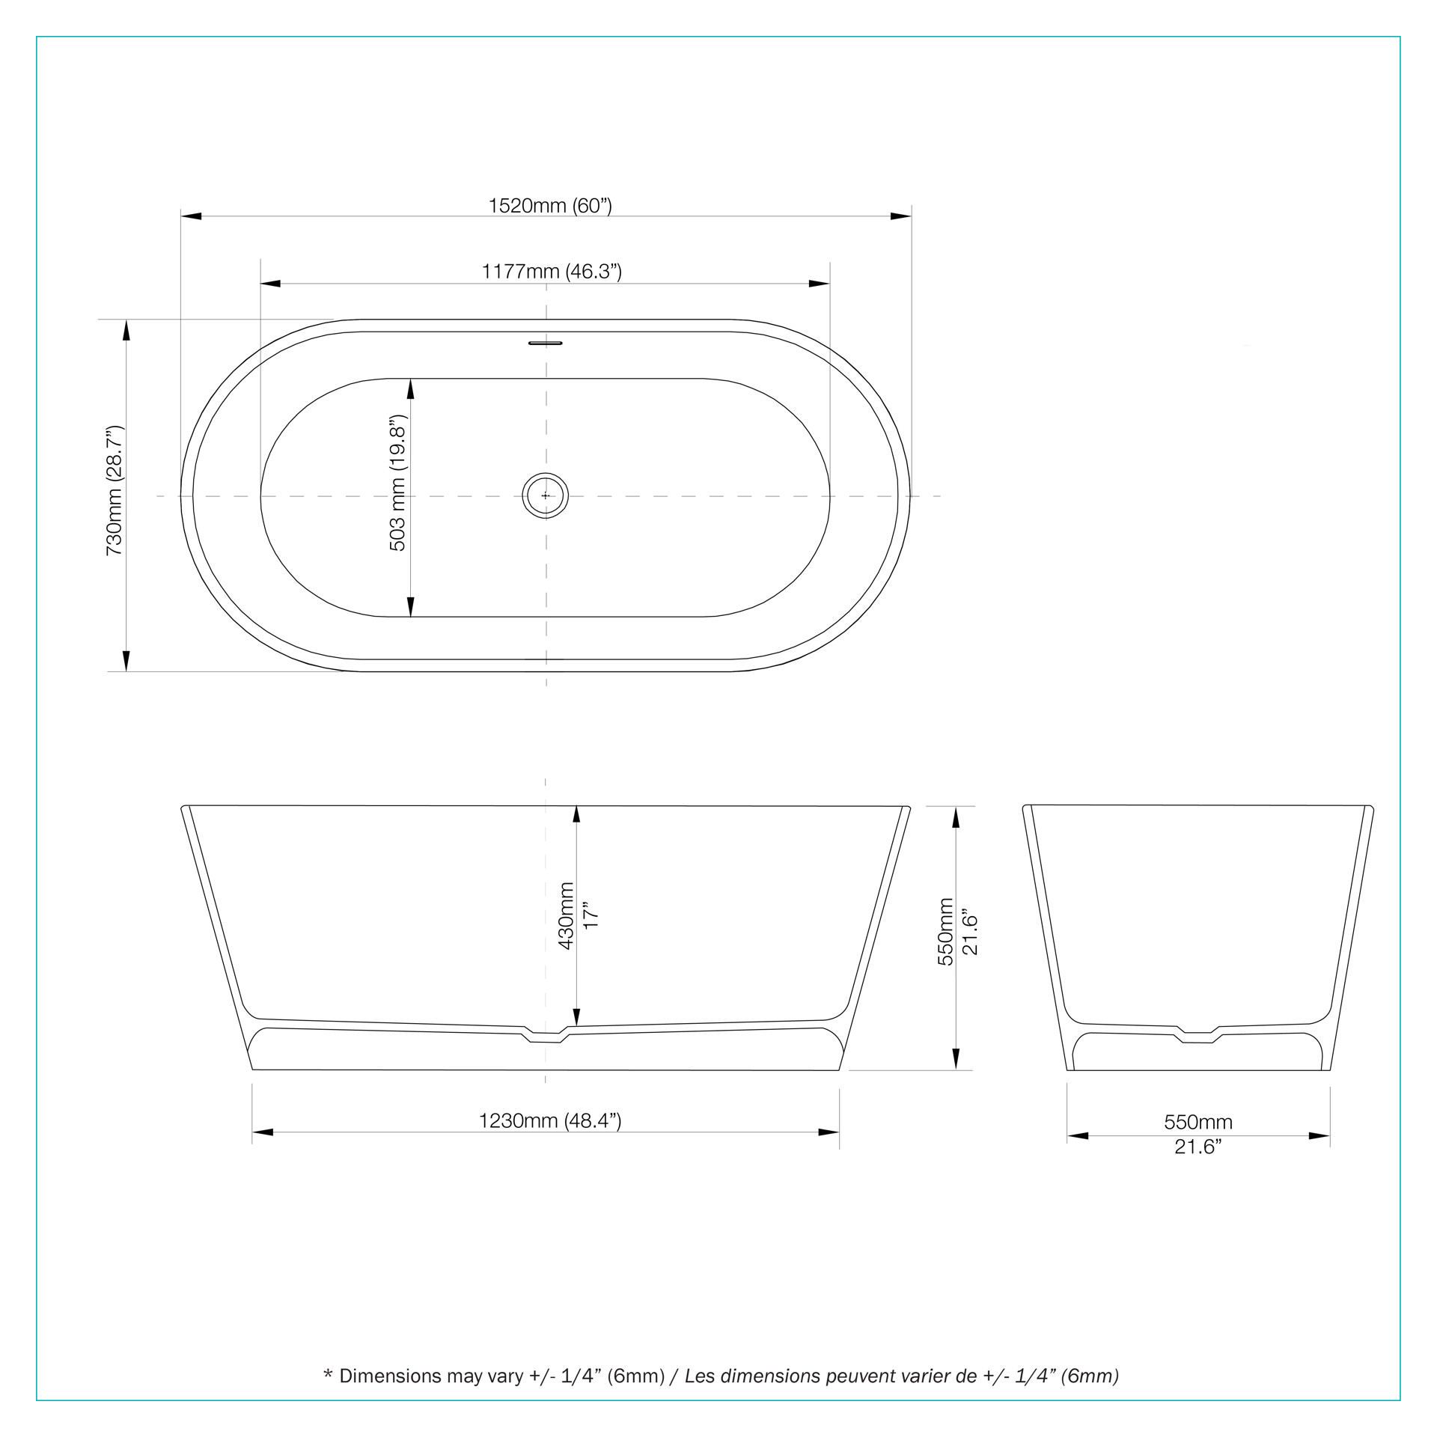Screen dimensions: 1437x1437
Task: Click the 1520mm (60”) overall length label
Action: pos(550,206)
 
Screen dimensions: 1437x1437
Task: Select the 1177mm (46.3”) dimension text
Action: pos(552,271)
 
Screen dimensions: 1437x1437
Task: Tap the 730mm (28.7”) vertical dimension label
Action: pos(115,490)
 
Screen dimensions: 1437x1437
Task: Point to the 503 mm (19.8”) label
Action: pos(397,483)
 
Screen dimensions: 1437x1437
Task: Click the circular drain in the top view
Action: pos(546,495)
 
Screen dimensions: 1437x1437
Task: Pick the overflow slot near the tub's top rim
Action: pos(546,344)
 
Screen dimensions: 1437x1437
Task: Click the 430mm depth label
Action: pos(567,916)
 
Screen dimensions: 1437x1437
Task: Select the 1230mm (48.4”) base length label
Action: pos(550,1120)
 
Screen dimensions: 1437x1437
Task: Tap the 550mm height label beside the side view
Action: pos(946,932)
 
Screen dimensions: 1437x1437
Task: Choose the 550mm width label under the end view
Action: pos(1198,1122)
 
